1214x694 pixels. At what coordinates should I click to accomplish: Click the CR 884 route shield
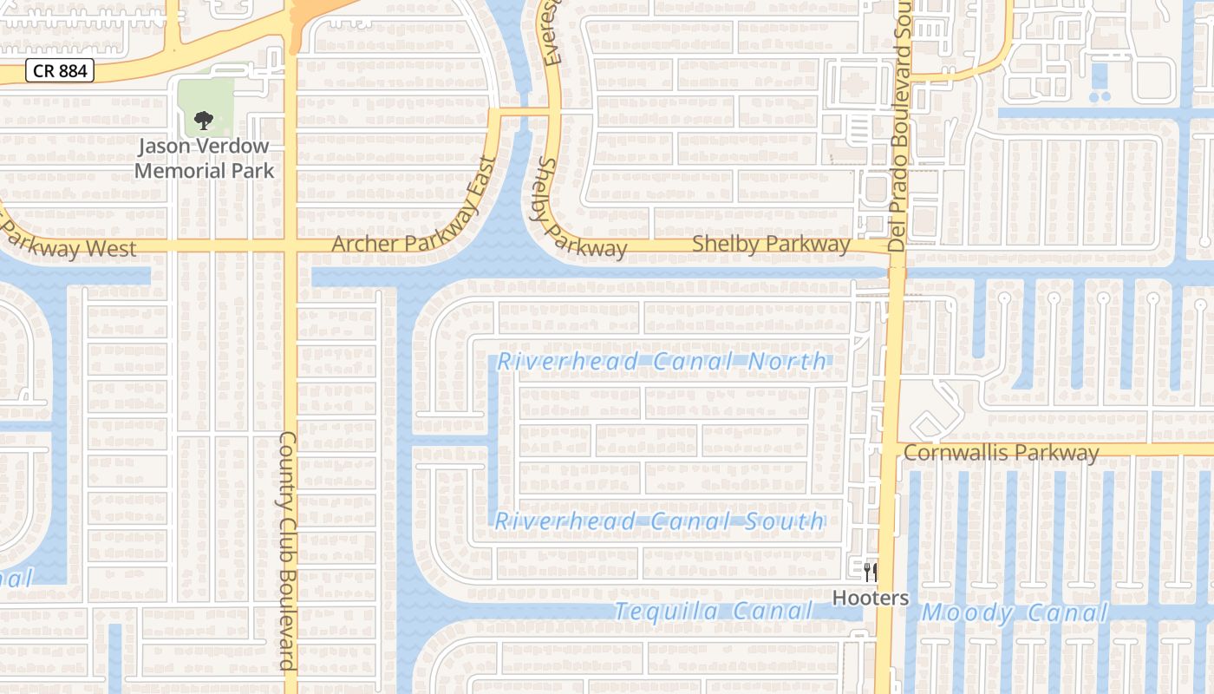click(59, 71)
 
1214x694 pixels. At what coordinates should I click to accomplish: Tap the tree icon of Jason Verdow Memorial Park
click(204, 120)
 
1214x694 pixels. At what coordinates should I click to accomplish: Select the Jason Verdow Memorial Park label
click(204, 158)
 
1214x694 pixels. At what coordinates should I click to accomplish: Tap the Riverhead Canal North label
click(662, 361)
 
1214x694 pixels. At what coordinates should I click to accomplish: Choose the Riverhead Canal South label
click(660, 521)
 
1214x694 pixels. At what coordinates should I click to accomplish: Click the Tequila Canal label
click(714, 612)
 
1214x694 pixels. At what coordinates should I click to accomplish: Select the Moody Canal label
click(1015, 613)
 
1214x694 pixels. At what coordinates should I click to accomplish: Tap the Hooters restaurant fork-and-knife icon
click(871, 572)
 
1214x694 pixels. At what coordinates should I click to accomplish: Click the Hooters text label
click(871, 598)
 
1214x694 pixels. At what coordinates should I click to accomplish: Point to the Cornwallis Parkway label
click(1001, 452)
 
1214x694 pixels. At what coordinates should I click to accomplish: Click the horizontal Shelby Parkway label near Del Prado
click(771, 245)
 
